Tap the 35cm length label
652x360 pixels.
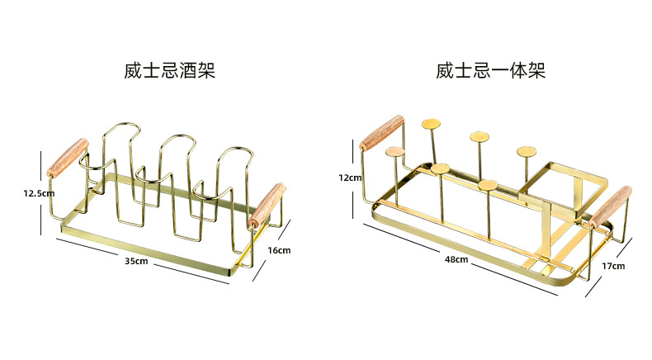point(136,261)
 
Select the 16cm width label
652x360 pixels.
point(278,249)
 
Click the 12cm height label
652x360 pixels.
point(350,178)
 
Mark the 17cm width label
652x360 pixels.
point(613,266)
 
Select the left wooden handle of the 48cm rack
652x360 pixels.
point(382,132)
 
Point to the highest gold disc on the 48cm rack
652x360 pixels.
point(431,124)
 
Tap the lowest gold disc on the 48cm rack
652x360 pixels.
point(489,185)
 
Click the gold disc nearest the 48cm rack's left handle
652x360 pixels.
point(395,152)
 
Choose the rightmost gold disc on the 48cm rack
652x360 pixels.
point(527,151)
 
